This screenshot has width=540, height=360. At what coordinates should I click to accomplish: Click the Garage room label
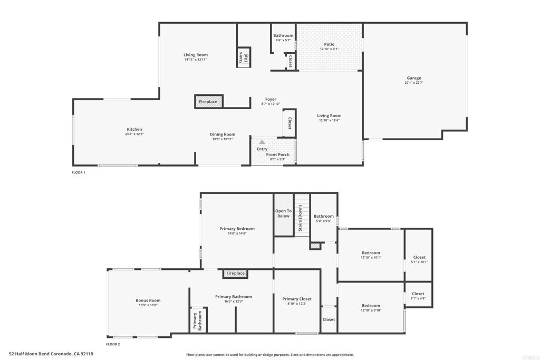413,78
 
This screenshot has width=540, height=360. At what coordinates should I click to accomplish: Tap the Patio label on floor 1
329,44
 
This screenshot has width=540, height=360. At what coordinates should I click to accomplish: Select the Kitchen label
134,130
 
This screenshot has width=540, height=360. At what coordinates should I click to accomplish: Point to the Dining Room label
223,134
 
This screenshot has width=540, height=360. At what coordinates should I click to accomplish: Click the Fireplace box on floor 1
209,102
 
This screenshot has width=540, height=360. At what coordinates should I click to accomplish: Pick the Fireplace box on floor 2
235,273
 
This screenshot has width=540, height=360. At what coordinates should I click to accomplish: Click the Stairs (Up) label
243,57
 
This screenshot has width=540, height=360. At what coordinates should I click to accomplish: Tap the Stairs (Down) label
300,218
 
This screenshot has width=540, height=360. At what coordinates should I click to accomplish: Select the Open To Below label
283,213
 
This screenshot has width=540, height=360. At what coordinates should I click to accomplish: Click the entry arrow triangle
262,142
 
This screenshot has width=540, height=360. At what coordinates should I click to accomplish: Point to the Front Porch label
277,154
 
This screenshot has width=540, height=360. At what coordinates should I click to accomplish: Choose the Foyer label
271,99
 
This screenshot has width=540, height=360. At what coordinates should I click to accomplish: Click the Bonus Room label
148,300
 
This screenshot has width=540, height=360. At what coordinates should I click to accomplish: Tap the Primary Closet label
297,299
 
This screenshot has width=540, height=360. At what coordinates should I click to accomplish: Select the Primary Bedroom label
237,229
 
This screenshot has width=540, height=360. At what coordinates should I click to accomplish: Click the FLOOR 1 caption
78,172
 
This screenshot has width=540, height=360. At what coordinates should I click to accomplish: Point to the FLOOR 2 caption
113,344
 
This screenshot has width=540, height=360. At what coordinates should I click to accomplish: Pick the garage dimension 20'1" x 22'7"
413,83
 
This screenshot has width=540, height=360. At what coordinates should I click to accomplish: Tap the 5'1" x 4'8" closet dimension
418,298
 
